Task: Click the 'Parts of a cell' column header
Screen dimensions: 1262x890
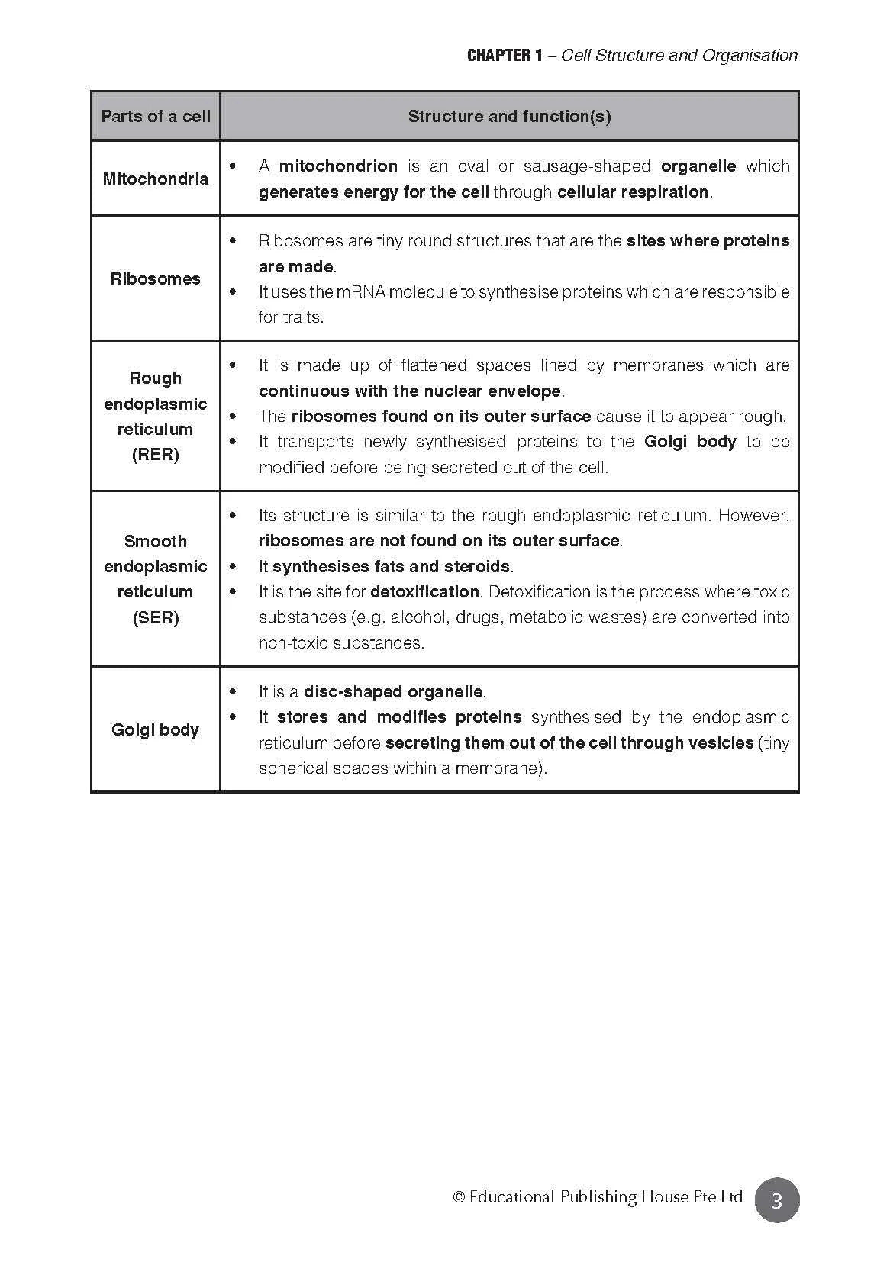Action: click(156, 117)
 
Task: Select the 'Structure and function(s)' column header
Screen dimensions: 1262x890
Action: click(509, 117)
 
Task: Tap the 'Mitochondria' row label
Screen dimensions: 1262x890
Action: click(156, 179)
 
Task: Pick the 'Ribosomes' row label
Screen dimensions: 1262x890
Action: click(156, 279)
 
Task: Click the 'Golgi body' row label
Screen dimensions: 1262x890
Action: click(156, 730)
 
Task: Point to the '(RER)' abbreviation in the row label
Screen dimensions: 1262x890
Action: click(156, 455)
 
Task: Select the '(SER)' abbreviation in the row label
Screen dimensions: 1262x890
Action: click(156, 617)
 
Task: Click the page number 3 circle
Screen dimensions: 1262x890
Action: click(777, 1201)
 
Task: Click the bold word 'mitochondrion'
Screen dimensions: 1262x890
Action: click(338, 166)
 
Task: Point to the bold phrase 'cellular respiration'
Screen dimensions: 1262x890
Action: click(633, 192)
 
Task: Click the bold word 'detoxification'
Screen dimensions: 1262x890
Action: click(424, 592)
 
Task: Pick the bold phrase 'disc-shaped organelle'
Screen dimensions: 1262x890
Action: click(393, 692)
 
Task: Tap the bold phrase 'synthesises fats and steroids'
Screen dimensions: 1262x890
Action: click(391, 567)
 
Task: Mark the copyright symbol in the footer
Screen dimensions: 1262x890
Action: click(459, 1197)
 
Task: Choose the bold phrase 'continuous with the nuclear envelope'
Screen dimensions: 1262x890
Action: click(410, 391)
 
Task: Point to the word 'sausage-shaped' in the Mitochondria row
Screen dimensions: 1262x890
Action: click(587, 166)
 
